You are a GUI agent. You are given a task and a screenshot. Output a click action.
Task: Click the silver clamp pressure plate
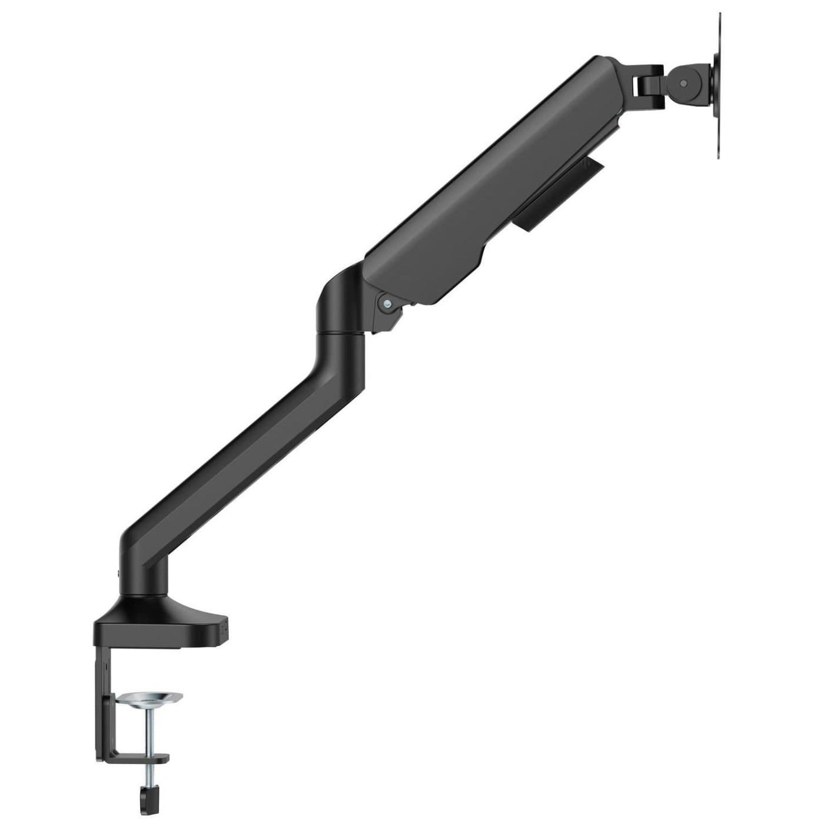(x=149, y=699)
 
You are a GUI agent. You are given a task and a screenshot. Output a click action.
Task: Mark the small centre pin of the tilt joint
(x=683, y=84)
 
